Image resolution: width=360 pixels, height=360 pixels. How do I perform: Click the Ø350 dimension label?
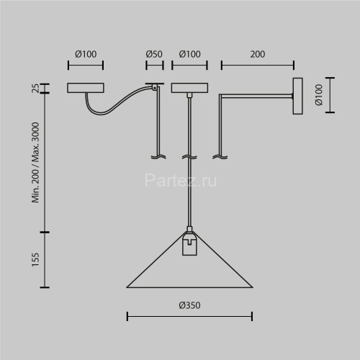(189, 305)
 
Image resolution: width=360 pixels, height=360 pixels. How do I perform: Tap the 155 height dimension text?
(35, 259)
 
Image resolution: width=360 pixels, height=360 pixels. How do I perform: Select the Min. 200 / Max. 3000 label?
(35, 162)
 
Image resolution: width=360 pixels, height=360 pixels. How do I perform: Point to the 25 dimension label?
(35, 88)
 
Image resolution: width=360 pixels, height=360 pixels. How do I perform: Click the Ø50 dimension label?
(154, 54)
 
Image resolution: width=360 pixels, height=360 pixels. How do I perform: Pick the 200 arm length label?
(258, 54)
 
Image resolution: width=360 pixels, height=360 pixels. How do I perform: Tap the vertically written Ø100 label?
(319, 95)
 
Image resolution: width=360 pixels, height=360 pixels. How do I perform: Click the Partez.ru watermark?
(181, 181)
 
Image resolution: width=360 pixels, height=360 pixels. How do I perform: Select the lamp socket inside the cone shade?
(189, 245)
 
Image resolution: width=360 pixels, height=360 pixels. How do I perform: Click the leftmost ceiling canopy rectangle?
(86, 88)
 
